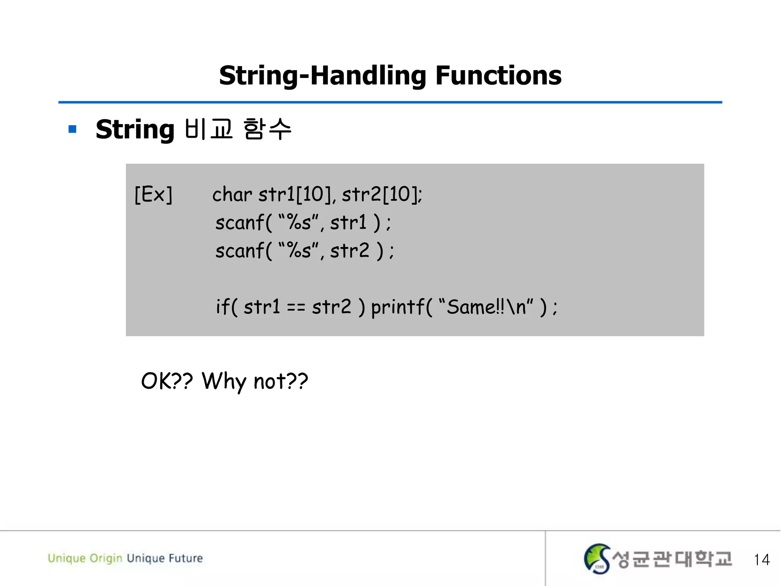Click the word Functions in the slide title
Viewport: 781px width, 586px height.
(x=498, y=76)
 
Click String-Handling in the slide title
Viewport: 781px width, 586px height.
(x=322, y=76)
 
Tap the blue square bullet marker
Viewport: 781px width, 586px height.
(x=72, y=129)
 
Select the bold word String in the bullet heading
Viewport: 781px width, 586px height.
(x=135, y=130)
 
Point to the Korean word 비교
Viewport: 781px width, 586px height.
(x=208, y=129)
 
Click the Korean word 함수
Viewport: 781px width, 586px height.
(x=267, y=129)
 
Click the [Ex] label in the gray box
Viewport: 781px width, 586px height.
(x=153, y=194)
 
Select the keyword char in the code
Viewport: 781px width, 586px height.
(x=232, y=194)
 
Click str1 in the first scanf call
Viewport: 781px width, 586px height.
(x=348, y=222)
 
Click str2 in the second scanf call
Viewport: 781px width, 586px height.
(x=349, y=251)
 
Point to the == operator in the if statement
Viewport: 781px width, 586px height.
(x=296, y=307)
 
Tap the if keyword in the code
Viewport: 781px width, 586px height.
(x=222, y=306)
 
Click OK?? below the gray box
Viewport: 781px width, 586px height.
(x=167, y=381)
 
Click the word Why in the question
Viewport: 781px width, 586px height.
(x=224, y=381)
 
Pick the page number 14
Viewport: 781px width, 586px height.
(x=762, y=560)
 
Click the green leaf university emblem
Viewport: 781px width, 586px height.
(x=597, y=559)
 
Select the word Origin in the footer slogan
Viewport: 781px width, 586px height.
(x=106, y=558)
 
